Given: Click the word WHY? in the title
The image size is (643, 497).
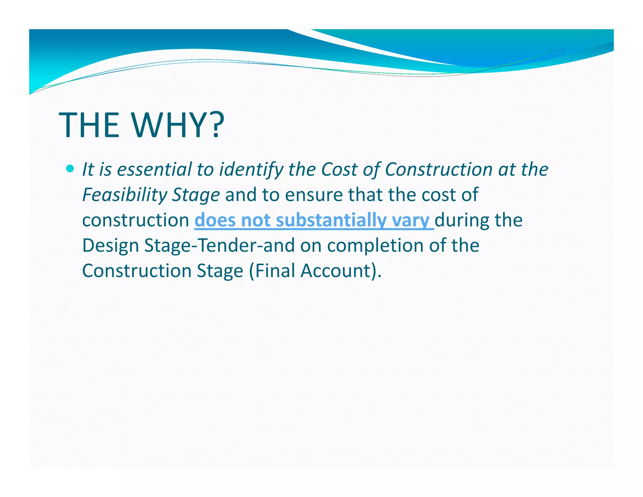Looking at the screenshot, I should (178, 125).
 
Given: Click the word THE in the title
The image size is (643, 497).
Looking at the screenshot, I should (89, 125).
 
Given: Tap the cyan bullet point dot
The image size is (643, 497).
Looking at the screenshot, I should (70, 169).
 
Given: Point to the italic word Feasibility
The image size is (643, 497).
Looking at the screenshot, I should (125, 195).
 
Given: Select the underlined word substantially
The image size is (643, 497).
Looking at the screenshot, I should (331, 220).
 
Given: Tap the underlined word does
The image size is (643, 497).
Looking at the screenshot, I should (215, 220).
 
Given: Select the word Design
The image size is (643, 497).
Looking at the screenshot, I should (111, 246).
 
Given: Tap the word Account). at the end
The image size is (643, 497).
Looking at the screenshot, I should (341, 271).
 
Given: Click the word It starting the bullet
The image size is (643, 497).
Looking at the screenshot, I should (88, 169).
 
